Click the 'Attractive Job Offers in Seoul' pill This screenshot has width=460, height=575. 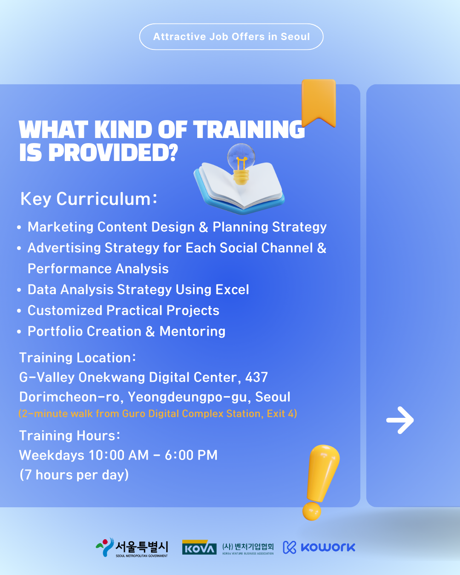tap(231, 37)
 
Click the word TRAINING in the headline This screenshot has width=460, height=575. tap(249, 129)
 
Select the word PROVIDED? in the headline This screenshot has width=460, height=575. tap(113, 153)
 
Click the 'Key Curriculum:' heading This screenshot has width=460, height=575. tap(89, 199)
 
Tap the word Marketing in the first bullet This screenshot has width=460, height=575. tap(60, 227)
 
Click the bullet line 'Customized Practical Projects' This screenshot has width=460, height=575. tap(124, 310)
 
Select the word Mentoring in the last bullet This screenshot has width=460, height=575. tap(193, 331)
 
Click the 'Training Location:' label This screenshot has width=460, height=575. tap(78, 357)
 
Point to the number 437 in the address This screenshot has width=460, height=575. tap(256, 377)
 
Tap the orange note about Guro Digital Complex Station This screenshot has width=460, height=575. tap(158, 414)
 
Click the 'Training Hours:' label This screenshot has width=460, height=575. tap(70, 436)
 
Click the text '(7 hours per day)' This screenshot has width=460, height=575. tap(74, 475)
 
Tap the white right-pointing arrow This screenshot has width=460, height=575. tap(400, 420)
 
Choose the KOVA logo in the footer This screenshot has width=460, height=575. tap(199, 547)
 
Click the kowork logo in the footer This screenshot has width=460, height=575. tap(319, 547)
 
